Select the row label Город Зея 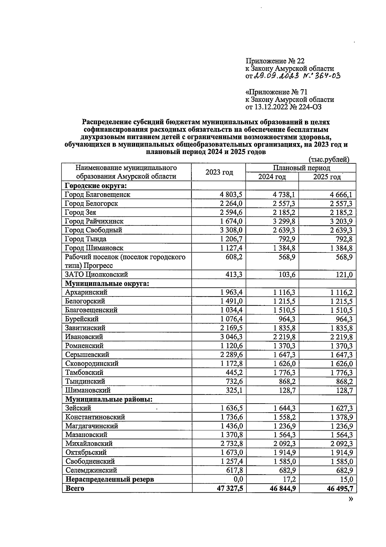pyautogui.click(x=80, y=213)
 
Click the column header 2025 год pyautogui.click(x=327, y=177)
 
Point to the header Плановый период pyautogui.click(x=301, y=168)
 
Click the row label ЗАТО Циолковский pyautogui.click(x=96, y=275)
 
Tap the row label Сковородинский pyautogui.click(x=92, y=363)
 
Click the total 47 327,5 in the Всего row pyautogui.click(x=227, y=488)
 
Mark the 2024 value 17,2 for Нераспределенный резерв pyautogui.click(x=288, y=479)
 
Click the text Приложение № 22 pyautogui.click(x=275, y=61)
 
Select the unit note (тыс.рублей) pyautogui.click(x=329, y=159)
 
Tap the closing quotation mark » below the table pyautogui.click(x=350, y=499)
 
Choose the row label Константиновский pyautogui.click(x=95, y=417)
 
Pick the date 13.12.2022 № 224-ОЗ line pyautogui.click(x=283, y=107)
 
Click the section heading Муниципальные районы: pyautogui.click(x=109, y=399)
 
